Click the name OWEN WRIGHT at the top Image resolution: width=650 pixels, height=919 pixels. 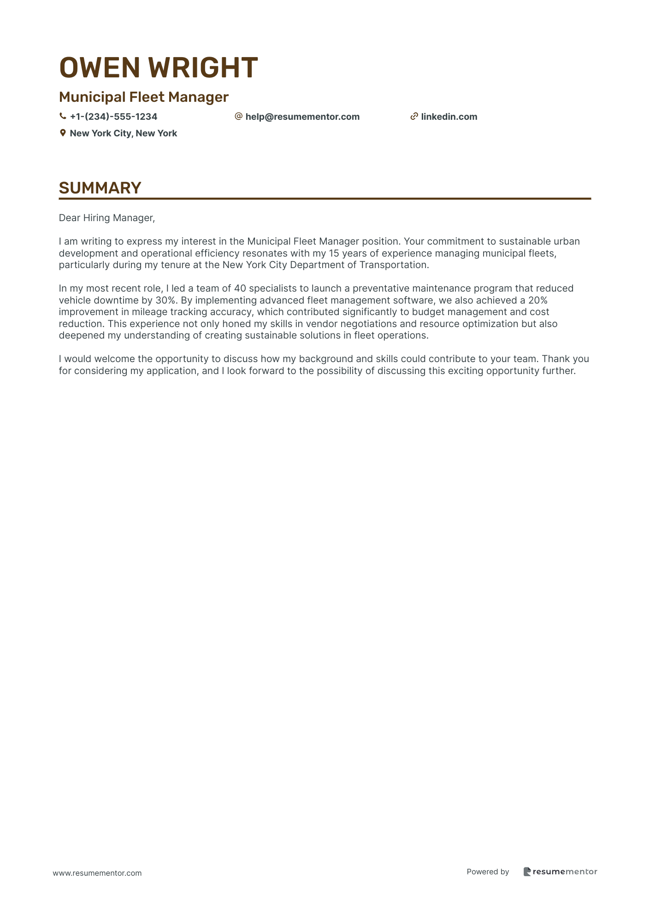tap(158, 68)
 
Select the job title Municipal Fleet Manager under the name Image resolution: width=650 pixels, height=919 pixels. tap(143, 97)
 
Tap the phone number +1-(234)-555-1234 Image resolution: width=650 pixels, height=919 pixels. tap(113, 117)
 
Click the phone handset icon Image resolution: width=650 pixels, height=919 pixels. tap(63, 117)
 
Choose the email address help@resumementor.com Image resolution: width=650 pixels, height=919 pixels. tap(302, 117)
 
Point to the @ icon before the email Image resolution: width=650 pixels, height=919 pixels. tap(238, 117)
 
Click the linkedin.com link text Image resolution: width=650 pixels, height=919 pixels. tap(449, 117)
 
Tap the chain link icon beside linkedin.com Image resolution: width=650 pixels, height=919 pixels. tap(414, 117)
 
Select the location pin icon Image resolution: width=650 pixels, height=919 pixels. tap(63, 133)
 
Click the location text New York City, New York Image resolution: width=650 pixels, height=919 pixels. tap(123, 134)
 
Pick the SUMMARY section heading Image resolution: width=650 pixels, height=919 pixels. tap(100, 188)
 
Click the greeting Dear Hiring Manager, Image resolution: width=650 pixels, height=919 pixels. tap(107, 218)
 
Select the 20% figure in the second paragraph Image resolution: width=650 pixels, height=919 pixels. tap(538, 300)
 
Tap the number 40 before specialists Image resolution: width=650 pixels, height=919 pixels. tap(240, 289)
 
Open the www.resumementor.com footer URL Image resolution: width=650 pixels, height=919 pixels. tap(97, 873)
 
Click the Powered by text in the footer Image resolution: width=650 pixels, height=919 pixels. tap(488, 872)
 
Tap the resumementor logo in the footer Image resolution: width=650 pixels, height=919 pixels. tap(560, 872)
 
